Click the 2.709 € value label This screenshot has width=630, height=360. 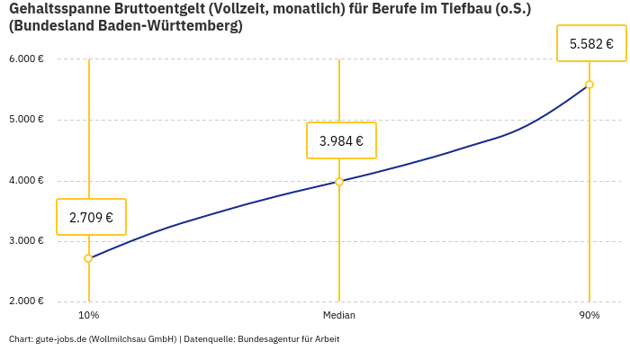[91, 217]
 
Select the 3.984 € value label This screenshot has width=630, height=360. [341, 140]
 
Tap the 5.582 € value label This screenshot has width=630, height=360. [591, 43]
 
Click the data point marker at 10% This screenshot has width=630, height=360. [88, 258]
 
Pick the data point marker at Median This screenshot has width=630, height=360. [339, 181]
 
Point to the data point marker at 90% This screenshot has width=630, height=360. [589, 85]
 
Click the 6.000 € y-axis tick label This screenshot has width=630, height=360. [27, 59]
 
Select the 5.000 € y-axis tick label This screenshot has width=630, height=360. [27, 120]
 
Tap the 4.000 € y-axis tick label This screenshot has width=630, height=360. [27, 180]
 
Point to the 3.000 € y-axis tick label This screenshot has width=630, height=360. [27, 241]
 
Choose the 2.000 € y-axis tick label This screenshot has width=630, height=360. [27, 301]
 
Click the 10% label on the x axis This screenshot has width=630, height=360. [88, 316]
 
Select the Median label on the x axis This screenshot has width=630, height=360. [339, 316]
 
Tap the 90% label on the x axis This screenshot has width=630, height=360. [589, 316]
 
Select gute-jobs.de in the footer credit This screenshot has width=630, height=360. [59, 339]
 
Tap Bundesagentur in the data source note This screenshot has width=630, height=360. [273, 339]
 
